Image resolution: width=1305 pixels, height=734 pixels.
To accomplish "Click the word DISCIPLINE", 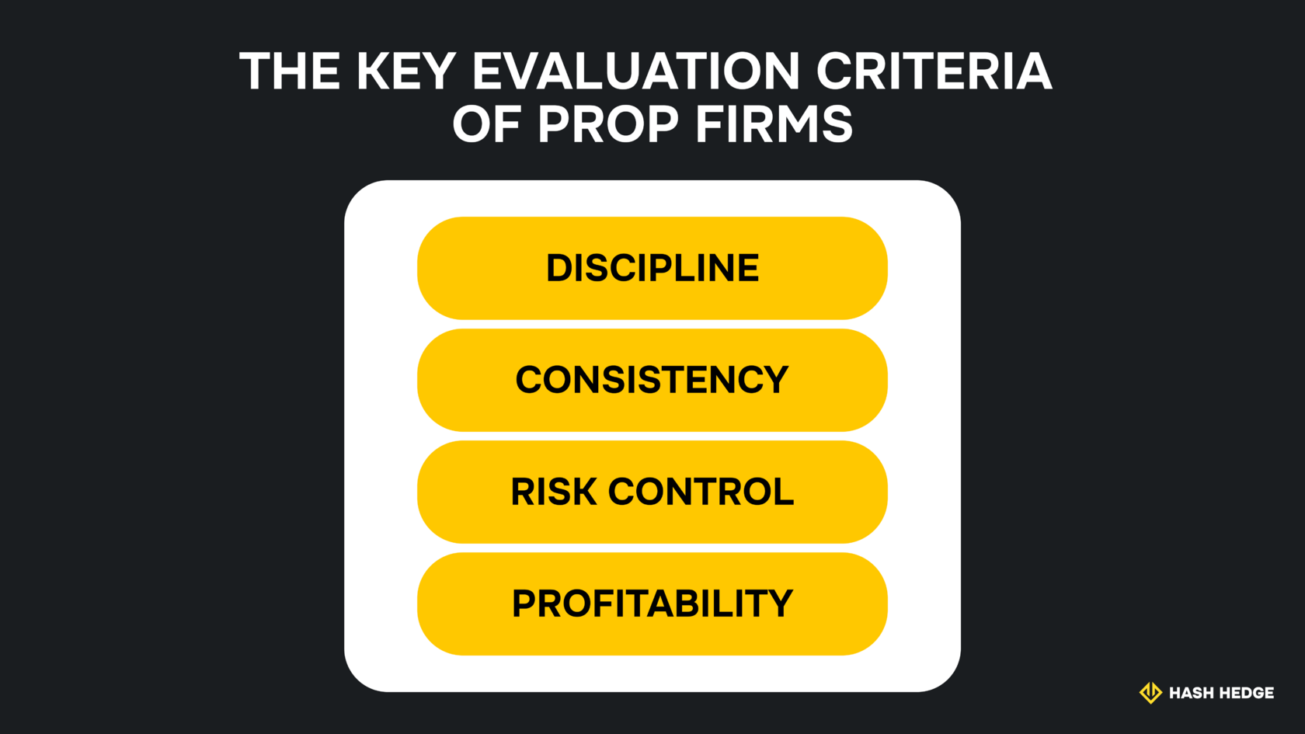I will coord(652,268).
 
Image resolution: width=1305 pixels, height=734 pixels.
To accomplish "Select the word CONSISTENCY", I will coord(652,380).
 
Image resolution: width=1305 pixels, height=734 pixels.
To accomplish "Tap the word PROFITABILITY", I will coord(652,604).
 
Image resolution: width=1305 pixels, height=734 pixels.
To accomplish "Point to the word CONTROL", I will coord(701,492).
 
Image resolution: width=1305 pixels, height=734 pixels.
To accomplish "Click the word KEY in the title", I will coord(405,71).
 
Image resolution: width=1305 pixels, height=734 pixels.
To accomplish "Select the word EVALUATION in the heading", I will coord(635,71).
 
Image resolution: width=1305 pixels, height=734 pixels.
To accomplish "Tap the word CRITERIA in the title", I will coord(934,71).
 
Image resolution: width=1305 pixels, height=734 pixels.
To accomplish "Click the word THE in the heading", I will coord(290,71).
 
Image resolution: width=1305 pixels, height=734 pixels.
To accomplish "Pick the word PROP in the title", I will coord(608,124).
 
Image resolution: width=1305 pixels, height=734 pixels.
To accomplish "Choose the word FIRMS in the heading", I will coord(774,124).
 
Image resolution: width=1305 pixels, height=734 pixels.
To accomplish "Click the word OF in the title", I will coord(488,124).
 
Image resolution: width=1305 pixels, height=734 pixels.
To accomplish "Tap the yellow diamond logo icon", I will coord(1150,692).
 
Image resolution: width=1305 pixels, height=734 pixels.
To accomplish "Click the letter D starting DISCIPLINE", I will coord(559,268).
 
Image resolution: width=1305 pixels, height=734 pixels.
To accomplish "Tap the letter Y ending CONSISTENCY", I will coord(774,380).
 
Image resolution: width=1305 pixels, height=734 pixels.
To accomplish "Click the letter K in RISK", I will coord(583,492).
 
